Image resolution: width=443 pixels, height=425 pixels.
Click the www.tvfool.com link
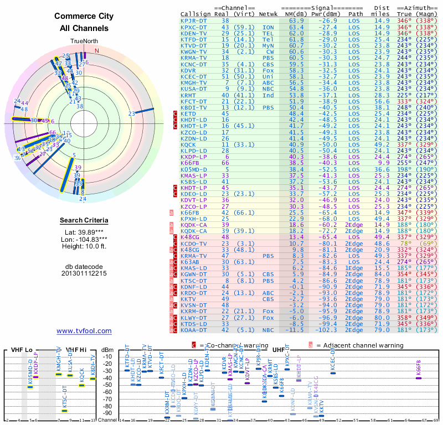[x=84, y=331]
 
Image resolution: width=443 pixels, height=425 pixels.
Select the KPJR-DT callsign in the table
[x=194, y=20]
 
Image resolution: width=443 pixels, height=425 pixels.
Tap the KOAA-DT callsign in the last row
[x=194, y=330]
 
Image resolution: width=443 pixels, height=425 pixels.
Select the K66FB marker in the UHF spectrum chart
[x=419, y=378]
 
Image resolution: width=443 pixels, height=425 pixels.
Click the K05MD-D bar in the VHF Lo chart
[x=30, y=386]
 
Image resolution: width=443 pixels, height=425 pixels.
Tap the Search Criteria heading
[x=84, y=221]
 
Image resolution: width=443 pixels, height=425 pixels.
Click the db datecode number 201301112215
[x=84, y=273]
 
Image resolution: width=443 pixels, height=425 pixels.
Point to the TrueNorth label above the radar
[x=84, y=42]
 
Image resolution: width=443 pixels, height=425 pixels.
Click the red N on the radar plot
[x=97, y=51]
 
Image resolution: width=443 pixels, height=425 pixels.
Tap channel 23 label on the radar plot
[x=131, y=114]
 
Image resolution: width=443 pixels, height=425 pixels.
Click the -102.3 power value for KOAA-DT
[x=326, y=330]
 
